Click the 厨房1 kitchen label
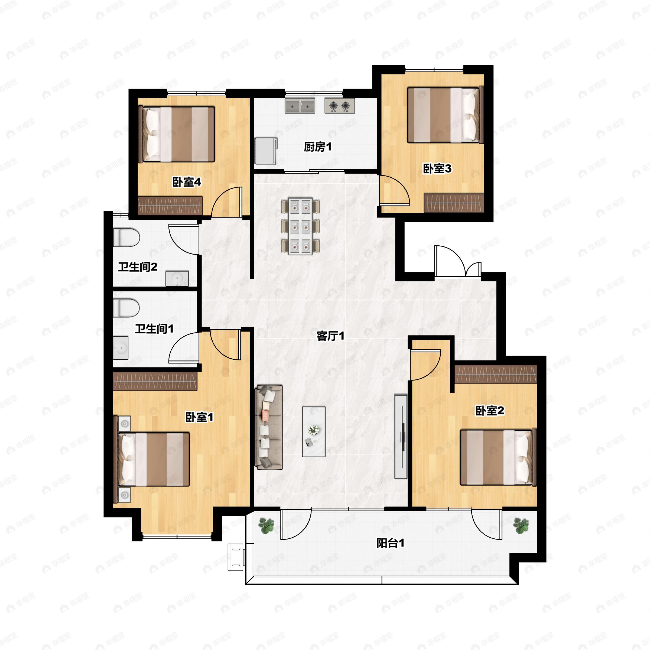[318, 147]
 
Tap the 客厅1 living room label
[330, 336]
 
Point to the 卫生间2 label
[138, 267]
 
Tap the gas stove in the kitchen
[339, 106]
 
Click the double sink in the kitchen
[300, 106]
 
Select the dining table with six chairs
[300, 226]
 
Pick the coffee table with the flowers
[314, 432]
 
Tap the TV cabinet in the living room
[401, 437]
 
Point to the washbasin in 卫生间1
[121, 347]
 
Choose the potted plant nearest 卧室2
[521, 526]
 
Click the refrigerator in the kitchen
[266, 151]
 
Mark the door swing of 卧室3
[395, 190]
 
